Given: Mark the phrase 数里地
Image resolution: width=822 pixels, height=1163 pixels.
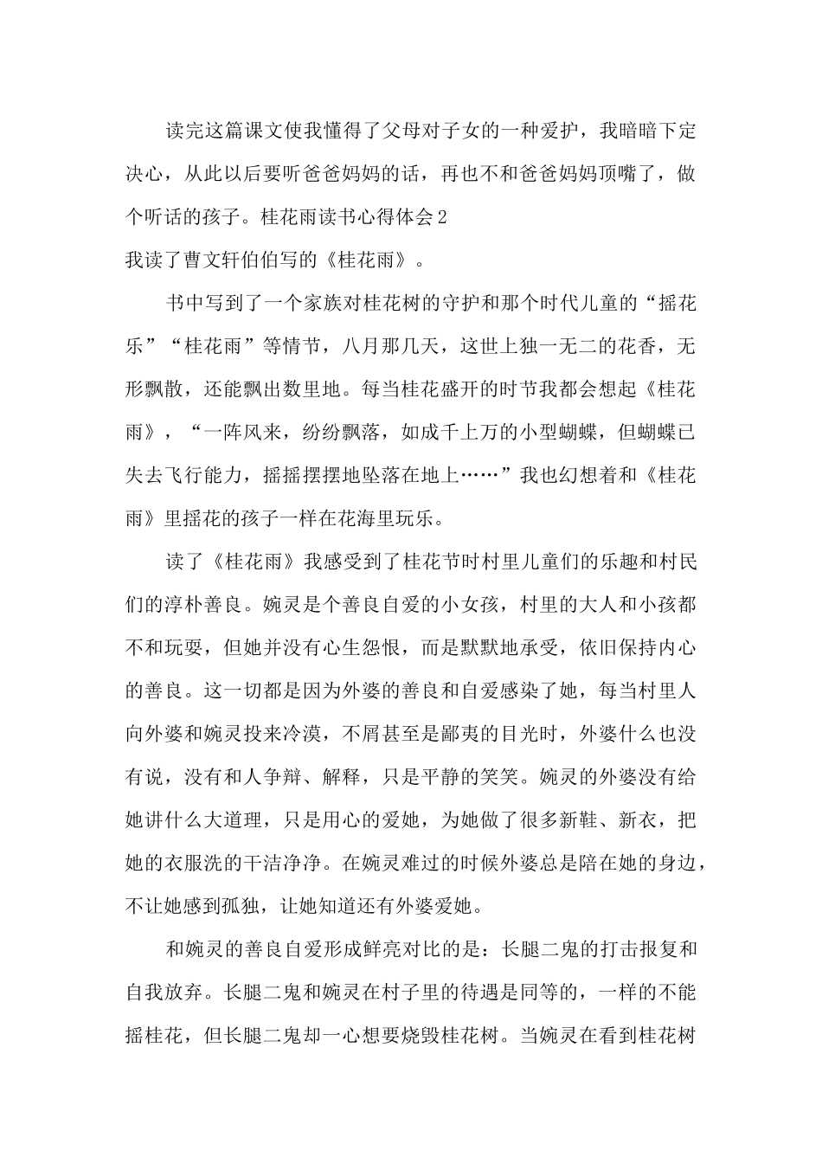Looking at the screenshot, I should point(324,389).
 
